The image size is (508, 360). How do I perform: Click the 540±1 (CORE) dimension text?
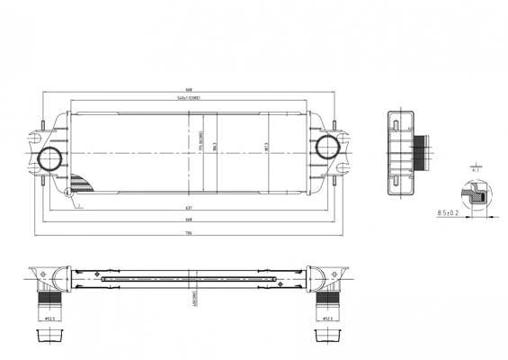(189, 99)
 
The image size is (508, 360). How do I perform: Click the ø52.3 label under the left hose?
(49, 317)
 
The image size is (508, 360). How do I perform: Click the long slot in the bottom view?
(189, 279)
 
